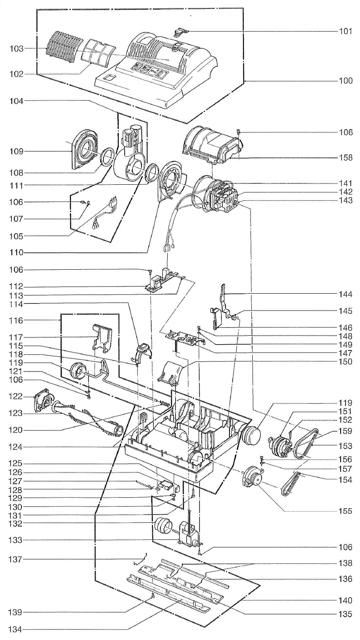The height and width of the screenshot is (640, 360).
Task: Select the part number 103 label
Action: pos(16,48)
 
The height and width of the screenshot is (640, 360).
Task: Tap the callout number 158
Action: pos(346,157)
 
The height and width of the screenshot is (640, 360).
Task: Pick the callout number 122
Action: pos(16,396)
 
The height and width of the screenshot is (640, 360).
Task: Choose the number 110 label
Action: pos(16,252)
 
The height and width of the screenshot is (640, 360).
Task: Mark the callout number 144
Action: pos(346,294)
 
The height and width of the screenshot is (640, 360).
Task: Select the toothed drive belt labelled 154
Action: pos(292,484)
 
